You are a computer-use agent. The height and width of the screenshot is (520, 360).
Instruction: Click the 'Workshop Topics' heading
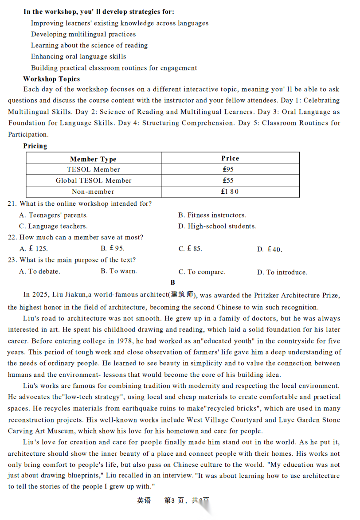click(x=51, y=79)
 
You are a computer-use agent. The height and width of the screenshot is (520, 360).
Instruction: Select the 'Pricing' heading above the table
click(x=35, y=146)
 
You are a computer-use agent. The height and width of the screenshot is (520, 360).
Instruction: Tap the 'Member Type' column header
click(x=93, y=159)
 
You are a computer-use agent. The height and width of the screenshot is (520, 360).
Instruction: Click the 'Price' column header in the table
click(x=230, y=158)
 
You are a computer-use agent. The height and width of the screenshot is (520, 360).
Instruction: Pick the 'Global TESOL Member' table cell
click(x=94, y=180)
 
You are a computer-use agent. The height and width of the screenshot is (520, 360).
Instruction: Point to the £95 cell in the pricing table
click(x=228, y=169)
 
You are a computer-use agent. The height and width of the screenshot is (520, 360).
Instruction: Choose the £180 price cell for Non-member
click(x=230, y=192)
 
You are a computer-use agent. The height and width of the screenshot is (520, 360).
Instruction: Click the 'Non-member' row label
click(x=93, y=192)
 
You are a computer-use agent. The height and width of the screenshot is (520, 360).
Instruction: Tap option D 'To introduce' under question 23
click(x=282, y=272)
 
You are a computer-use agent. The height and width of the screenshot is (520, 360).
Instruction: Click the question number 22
click(x=12, y=237)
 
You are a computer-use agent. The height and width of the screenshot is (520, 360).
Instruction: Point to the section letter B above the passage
click(x=172, y=282)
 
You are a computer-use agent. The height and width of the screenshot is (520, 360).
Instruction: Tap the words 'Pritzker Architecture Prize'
click(x=297, y=295)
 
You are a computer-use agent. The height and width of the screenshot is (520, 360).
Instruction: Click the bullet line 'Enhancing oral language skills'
click(x=78, y=56)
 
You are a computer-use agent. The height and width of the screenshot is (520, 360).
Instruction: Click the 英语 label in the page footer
click(x=144, y=500)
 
